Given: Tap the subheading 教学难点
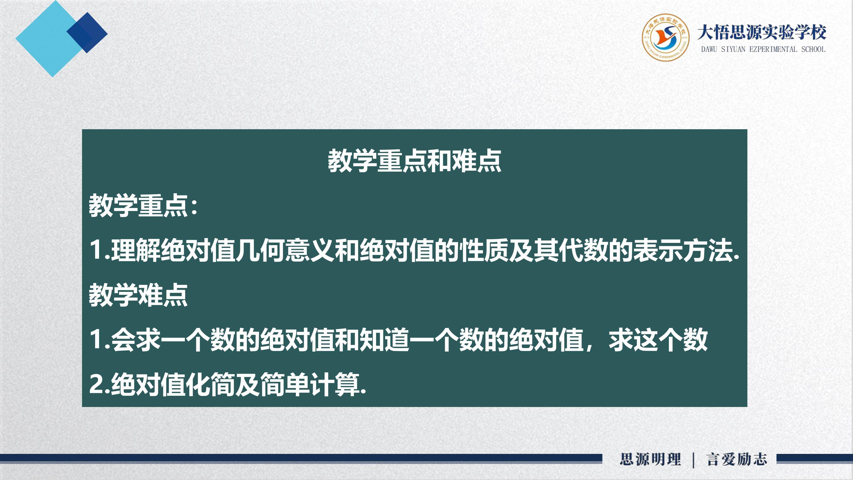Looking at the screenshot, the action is (138, 295).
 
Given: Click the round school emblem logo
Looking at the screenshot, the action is (665, 37).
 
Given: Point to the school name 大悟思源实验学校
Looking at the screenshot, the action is (762, 32).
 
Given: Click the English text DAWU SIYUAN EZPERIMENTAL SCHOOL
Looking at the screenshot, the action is (763, 49).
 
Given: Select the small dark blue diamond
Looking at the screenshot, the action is (87, 33).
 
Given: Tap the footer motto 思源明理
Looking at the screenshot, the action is (650, 459).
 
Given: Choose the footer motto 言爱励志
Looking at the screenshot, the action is (737, 459).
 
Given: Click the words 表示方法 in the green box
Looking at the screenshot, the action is (682, 250).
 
